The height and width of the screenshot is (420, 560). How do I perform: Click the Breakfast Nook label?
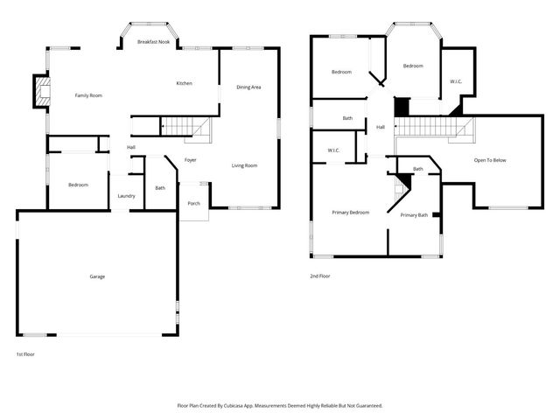click(x=153, y=42)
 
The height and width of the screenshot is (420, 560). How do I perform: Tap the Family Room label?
click(x=88, y=95)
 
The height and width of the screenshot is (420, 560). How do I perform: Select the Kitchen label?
click(x=184, y=83)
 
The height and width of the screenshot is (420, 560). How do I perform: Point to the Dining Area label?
click(x=249, y=87)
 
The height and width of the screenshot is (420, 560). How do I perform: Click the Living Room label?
click(x=244, y=165)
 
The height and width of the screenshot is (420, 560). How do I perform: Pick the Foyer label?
click(x=190, y=160)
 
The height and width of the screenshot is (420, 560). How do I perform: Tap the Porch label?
click(x=193, y=204)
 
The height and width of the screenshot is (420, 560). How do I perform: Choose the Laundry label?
click(x=126, y=196)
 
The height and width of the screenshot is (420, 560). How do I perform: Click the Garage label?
click(x=97, y=276)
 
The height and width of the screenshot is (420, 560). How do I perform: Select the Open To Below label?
click(x=490, y=160)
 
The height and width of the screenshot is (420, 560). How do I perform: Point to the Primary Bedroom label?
click(x=350, y=213)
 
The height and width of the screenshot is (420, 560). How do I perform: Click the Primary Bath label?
click(x=414, y=215)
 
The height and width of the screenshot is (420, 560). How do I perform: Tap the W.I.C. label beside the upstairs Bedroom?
click(x=456, y=82)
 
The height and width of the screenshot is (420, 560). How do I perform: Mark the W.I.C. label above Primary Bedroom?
click(x=333, y=150)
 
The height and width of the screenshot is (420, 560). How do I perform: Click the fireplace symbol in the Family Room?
click(x=41, y=92)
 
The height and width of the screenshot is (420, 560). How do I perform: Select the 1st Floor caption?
click(x=26, y=354)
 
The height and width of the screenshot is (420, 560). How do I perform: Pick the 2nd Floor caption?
click(x=320, y=276)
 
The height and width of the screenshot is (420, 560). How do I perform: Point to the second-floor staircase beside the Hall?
click(x=435, y=128)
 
